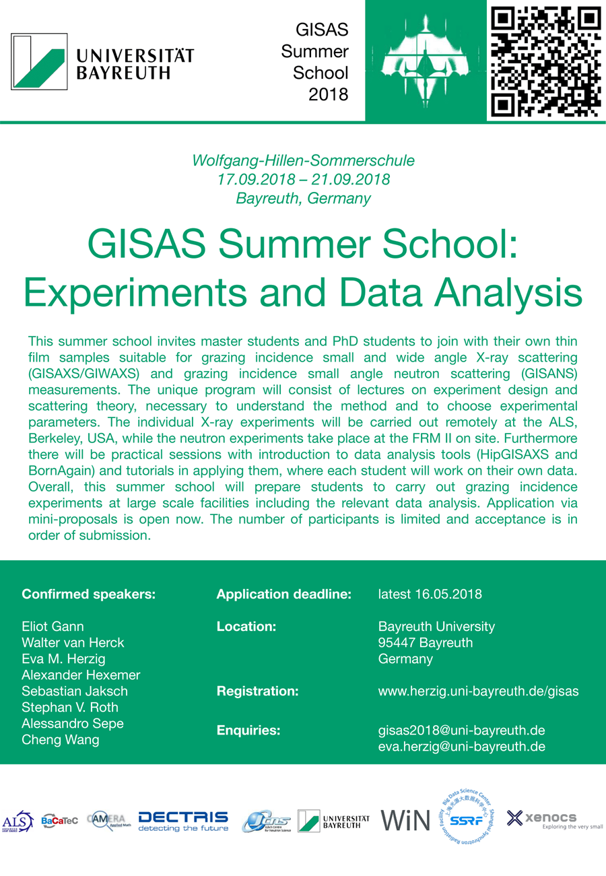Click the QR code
tap(546, 60)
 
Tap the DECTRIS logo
tap(183, 821)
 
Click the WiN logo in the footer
tap(405, 819)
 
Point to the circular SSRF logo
tap(465, 819)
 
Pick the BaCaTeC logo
tap(61, 821)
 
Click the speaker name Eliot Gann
tap(53, 627)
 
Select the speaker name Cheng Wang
tap(60, 740)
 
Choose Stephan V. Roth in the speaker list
tap(69, 708)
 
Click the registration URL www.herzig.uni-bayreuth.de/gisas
tap(479, 691)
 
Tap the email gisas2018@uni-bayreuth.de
tap(462, 731)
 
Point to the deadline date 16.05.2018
tap(450, 595)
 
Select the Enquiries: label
tap(248, 731)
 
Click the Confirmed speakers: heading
tap(89, 595)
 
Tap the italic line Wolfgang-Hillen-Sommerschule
tap(303, 161)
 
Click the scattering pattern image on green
tap(426, 60)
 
